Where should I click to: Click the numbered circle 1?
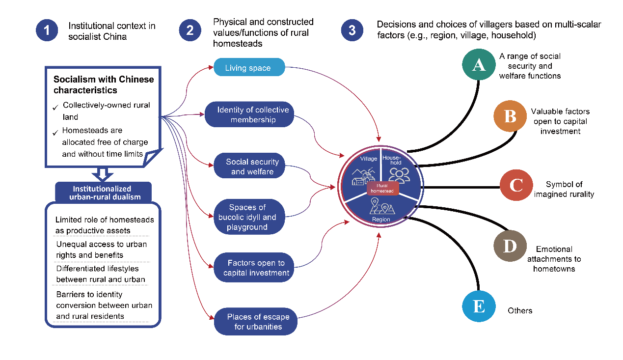[x=47, y=30]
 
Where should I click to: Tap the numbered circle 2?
[x=190, y=30]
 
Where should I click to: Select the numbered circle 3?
[x=352, y=30]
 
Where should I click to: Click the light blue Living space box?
[x=249, y=67]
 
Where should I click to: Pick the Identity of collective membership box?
[x=253, y=115]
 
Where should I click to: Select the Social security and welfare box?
[x=252, y=166]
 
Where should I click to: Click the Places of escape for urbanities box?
[x=257, y=322]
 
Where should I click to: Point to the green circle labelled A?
[x=479, y=66]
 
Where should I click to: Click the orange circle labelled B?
[x=510, y=116]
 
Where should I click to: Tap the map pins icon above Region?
[x=381, y=207]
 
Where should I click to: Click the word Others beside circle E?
[x=520, y=310]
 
